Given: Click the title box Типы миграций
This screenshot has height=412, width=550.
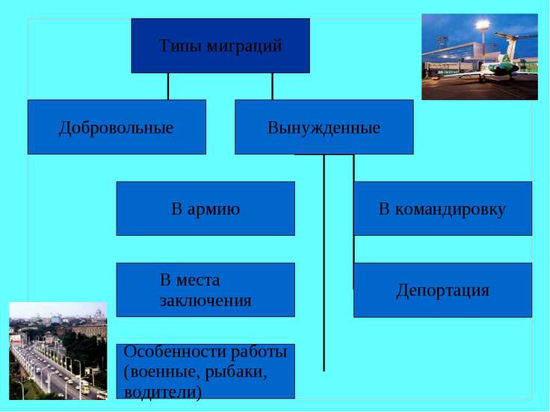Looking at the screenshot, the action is (x=220, y=46).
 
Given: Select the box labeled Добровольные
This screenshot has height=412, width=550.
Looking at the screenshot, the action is (x=117, y=127).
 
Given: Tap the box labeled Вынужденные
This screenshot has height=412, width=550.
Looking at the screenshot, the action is (x=324, y=127).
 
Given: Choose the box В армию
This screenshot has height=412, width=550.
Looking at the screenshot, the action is (x=206, y=208).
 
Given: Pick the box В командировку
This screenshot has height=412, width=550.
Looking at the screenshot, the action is (x=442, y=208).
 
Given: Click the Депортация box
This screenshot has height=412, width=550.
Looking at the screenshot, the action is (x=442, y=290).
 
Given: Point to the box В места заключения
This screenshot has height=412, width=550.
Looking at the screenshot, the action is (x=206, y=290).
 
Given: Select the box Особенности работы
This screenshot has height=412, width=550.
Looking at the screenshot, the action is (x=206, y=372).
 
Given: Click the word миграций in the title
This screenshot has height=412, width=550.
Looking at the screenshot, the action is (x=244, y=46).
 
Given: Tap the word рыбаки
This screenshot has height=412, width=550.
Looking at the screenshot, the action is (x=235, y=372).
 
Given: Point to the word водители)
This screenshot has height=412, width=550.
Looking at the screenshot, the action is (x=163, y=392).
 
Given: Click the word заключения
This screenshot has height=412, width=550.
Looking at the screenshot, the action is (x=206, y=301).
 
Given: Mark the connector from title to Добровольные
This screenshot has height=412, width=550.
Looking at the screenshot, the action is (x=168, y=87).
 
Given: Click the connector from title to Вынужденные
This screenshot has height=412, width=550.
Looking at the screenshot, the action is (x=272, y=87).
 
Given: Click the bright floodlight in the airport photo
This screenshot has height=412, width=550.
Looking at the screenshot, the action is (x=483, y=25).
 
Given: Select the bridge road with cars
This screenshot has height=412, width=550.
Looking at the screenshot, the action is (x=52, y=372).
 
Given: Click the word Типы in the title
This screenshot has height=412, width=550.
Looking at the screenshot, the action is (x=180, y=46).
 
